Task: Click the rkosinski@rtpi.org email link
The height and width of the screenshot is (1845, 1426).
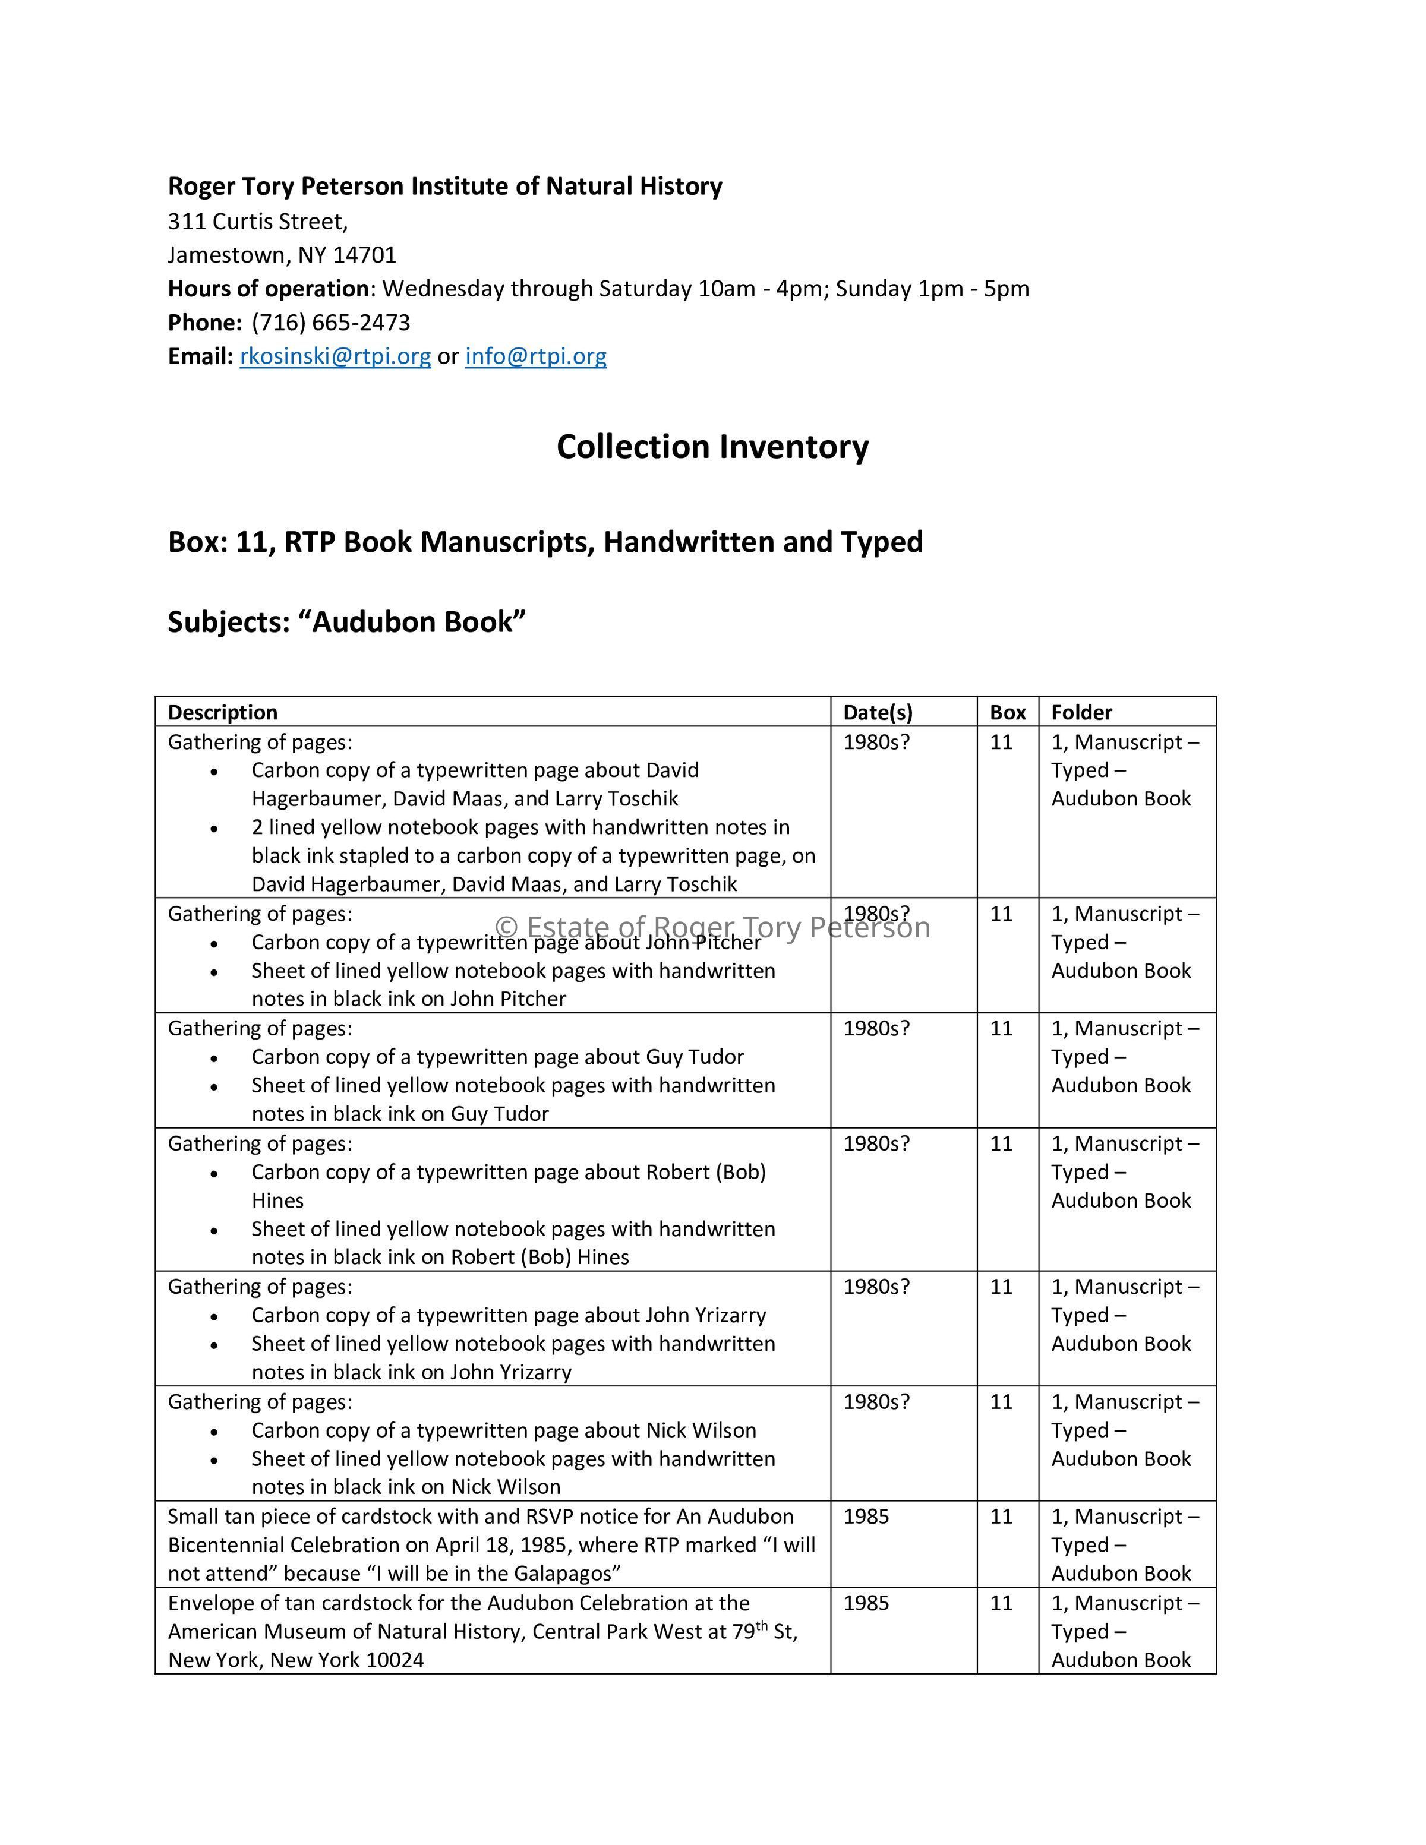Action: point(335,356)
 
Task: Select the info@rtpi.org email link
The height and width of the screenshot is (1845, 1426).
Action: point(535,356)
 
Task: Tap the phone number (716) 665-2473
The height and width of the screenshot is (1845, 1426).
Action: point(331,323)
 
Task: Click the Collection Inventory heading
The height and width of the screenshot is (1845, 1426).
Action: point(712,447)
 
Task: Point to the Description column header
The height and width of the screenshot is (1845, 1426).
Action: point(223,712)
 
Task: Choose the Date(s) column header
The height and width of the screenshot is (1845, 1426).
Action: point(878,712)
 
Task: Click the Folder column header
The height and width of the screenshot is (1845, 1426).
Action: point(1081,712)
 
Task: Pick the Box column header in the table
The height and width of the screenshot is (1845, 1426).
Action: point(1008,712)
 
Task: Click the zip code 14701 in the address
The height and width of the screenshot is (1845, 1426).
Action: point(364,255)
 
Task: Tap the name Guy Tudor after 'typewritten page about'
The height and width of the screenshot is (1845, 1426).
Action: point(695,1057)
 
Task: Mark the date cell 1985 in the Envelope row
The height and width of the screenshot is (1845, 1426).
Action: point(866,1603)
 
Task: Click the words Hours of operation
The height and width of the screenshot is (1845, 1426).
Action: point(269,289)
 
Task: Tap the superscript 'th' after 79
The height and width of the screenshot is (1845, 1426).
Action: point(762,1625)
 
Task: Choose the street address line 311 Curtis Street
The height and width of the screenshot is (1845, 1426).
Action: point(258,222)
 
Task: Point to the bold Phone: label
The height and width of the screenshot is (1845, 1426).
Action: point(205,323)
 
